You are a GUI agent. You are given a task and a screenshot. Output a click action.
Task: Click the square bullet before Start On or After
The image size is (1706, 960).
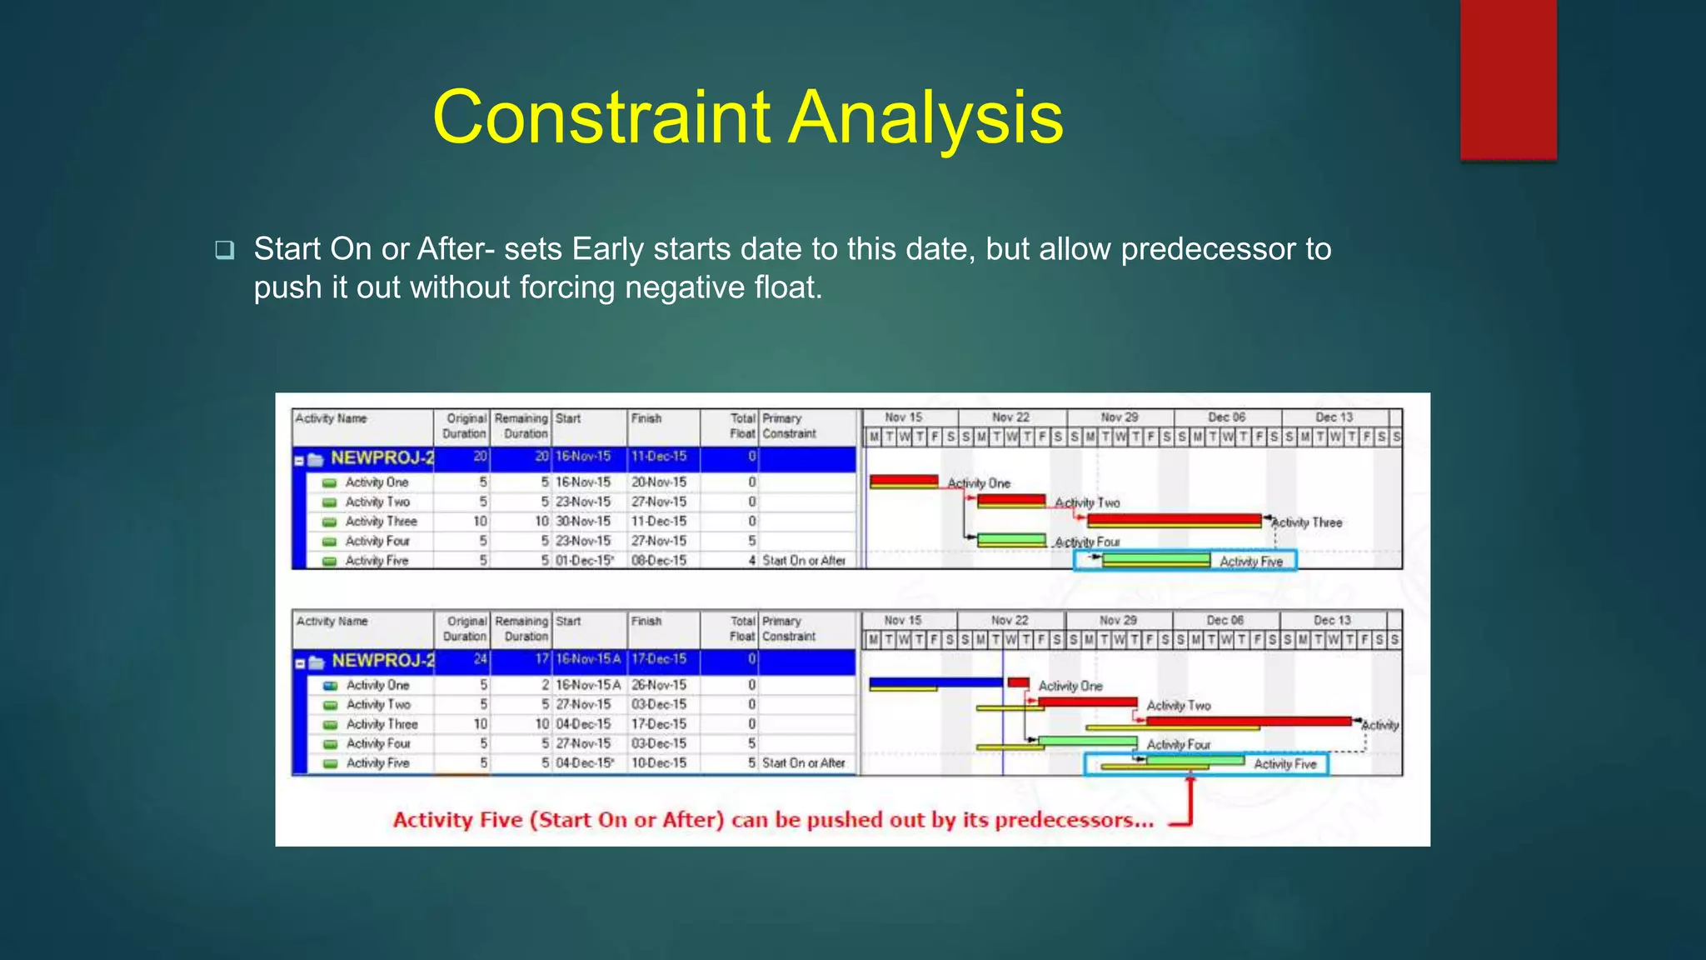(x=224, y=249)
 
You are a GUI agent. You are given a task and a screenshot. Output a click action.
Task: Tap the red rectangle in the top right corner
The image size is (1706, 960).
(x=1508, y=79)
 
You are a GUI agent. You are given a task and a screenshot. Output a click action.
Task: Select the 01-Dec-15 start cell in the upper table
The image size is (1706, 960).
(x=584, y=561)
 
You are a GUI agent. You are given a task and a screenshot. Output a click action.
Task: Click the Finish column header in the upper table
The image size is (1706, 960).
(x=646, y=418)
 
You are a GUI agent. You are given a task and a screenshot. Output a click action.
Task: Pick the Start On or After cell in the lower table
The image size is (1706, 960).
(x=803, y=763)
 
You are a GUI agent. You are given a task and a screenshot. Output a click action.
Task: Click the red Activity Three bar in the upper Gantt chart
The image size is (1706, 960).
(x=1175, y=521)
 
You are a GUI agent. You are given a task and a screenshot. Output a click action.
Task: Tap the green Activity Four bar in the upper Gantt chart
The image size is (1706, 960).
(x=1010, y=541)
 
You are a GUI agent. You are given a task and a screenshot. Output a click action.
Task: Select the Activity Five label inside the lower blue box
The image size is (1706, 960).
(x=1284, y=764)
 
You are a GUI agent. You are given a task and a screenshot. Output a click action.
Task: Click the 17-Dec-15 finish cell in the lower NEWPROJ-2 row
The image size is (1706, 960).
(x=658, y=659)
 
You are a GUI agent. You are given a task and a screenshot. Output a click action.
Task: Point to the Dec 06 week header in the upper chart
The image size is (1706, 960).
(x=1226, y=417)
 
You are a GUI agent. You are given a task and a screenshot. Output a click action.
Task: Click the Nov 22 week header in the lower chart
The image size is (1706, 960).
(x=1010, y=620)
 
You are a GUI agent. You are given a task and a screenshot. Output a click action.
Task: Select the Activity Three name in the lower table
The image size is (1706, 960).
(x=382, y=724)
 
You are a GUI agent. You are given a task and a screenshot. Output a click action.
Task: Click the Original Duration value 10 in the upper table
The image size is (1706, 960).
(x=480, y=522)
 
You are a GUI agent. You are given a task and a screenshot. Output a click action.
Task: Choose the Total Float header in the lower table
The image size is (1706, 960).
(x=741, y=628)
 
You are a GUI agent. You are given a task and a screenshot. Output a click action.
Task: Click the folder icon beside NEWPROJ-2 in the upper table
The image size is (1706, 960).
(x=316, y=459)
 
